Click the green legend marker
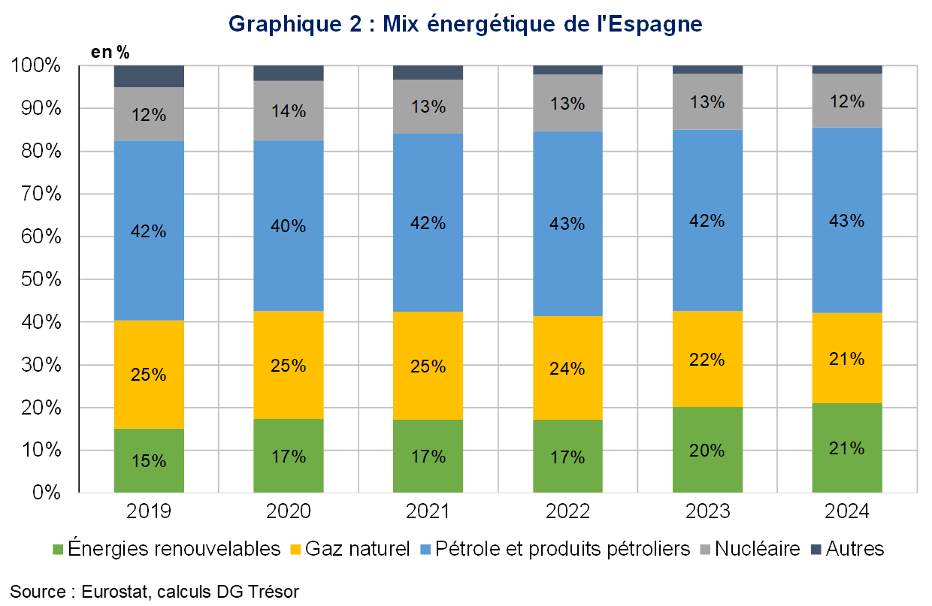pyautogui.click(x=58, y=550)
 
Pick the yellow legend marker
pyautogui.click(x=296, y=550)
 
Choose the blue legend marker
pyautogui.click(x=426, y=550)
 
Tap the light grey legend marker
pyautogui.click(x=705, y=550)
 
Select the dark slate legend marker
pyautogui.click(x=816, y=550)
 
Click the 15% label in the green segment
pyautogui.click(x=149, y=461)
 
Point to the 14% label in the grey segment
pyautogui.click(x=289, y=111)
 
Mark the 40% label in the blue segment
pyautogui.click(x=289, y=226)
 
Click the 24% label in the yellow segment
pyautogui.click(x=567, y=369)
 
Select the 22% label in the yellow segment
pyautogui.click(x=707, y=360)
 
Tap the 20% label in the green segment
pyautogui.click(x=707, y=451)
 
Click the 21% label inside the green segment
pyautogui.click(x=847, y=448)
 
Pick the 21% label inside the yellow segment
pyautogui.click(x=847, y=359)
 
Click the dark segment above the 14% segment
pyautogui.click(x=289, y=73)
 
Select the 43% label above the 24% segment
pyautogui.click(x=567, y=224)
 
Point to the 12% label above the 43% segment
pyautogui.click(x=847, y=101)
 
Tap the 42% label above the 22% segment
pyautogui.click(x=707, y=221)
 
